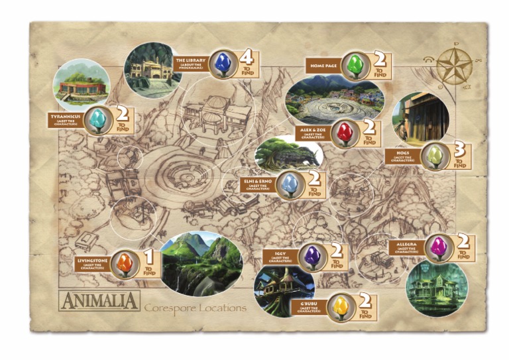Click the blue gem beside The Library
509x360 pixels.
point(222,65)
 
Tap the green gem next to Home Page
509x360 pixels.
point(356,64)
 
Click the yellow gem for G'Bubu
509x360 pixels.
point(341,306)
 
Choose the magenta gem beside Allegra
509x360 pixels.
point(437,247)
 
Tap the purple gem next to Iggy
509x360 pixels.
point(313,255)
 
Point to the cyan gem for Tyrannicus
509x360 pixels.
point(99,119)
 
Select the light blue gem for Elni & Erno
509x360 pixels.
point(288,184)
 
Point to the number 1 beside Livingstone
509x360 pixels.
point(148,255)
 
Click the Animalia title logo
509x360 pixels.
point(99,301)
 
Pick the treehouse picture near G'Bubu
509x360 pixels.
point(284,290)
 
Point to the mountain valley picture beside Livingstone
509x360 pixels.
point(201,263)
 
